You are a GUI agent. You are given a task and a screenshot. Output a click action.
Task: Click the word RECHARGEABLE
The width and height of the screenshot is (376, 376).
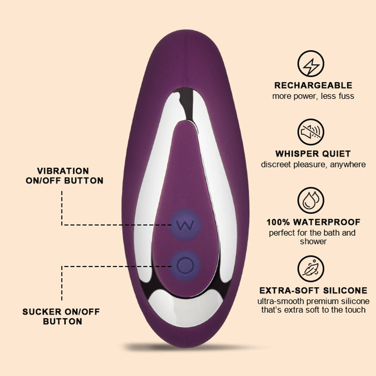(x=313, y=86)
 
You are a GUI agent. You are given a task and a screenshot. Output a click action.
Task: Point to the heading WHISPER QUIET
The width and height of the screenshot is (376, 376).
(x=313, y=154)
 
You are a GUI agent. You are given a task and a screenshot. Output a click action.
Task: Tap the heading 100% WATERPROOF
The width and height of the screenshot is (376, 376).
(x=313, y=222)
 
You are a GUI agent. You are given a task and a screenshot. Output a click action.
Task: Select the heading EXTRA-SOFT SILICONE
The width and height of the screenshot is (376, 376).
(x=313, y=290)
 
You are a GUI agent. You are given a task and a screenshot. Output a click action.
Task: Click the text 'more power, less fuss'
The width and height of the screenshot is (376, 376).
(x=313, y=96)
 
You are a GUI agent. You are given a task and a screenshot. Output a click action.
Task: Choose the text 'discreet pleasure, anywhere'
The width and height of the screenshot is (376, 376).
(x=313, y=164)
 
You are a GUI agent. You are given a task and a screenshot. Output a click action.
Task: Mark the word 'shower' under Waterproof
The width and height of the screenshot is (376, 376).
(x=313, y=242)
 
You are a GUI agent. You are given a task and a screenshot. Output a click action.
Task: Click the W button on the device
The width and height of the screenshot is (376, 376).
(x=184, y=224)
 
